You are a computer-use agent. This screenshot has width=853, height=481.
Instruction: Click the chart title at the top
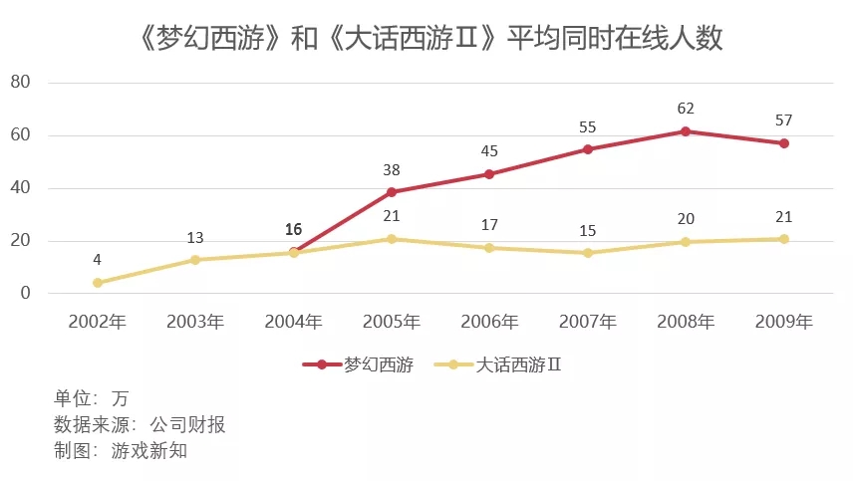click(x=426, y=39)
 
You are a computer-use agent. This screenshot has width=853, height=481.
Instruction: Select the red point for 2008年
click(x=686, y=131)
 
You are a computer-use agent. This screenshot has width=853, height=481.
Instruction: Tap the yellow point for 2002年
click(x=98, y=283)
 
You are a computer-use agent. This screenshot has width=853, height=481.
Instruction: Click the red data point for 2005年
click(x=392, y=192)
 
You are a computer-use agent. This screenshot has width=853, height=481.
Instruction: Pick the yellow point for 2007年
click(x=588, y=253)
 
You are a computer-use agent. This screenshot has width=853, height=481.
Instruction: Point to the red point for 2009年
click(x=784, y=143)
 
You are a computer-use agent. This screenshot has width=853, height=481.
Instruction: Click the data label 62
click(x=686, y=109)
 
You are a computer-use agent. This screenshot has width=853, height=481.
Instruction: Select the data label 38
click(x=392, y=169)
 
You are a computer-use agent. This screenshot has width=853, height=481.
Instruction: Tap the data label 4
click(x=98, y=260)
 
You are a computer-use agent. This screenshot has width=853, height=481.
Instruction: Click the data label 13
click(x=195, y=237)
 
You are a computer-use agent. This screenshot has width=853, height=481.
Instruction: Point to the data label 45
click(x=489, y=151)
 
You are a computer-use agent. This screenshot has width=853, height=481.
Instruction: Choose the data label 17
click(x=489, y=225)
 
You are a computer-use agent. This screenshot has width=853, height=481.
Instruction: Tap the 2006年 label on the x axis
click(x=489, y=322)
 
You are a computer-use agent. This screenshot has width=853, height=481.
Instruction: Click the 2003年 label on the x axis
click(x=195, y=322)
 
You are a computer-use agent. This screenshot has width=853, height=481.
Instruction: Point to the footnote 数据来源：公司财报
click(x=141, y=425)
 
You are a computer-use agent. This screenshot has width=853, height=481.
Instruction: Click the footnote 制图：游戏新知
click(x=122, y=451)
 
